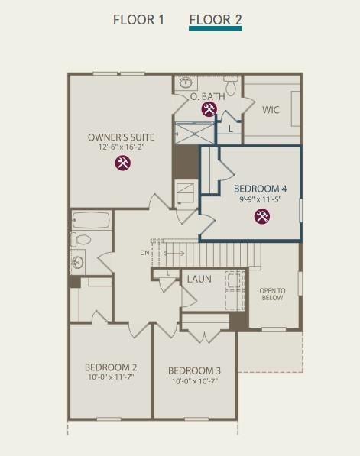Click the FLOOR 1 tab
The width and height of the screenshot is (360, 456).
point(138,20)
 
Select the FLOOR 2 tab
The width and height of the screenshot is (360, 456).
point(216,20)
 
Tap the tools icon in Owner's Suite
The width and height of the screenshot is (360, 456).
point(123,163)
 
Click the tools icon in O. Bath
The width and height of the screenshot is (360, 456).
point(209,109)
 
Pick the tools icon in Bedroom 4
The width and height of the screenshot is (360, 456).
point(262,216)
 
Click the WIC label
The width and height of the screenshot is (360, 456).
point(271,110)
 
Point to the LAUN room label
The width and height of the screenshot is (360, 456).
point(199,280)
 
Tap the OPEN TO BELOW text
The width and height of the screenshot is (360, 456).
point(272,294)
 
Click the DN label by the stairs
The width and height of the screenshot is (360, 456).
point(144,253)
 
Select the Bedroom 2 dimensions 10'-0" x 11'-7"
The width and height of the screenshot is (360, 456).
point(111,377)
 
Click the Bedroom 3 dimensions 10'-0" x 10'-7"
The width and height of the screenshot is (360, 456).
point(195,381)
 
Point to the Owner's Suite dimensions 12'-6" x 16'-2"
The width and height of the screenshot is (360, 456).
point(122,147)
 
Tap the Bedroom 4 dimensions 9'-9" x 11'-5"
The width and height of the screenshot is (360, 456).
point(260,199)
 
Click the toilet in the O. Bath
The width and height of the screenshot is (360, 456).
point(231,86)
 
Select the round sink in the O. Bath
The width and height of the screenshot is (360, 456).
point(185,82)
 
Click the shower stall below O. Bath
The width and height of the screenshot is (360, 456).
point(194,133)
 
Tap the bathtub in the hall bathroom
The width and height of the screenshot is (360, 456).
point(91,220)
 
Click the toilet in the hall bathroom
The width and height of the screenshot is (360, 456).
point(80,239)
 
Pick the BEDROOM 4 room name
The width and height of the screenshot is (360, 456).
point(260,189)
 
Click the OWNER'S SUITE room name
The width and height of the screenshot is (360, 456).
point(121,137)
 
